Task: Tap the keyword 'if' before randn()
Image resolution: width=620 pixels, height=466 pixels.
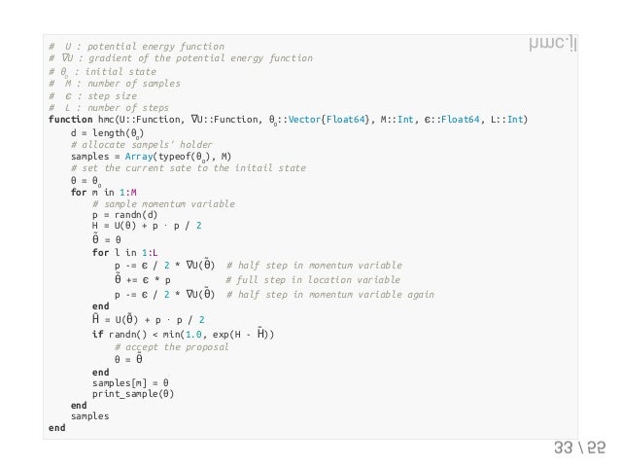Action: pyautogui.click(x=97, y=334)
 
